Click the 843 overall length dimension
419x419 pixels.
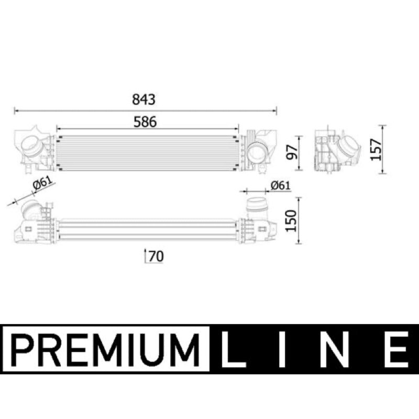(144, 99)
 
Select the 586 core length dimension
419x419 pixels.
(145, 122)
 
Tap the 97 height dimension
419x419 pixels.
(292, 152)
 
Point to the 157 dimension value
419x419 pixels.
(376, 149)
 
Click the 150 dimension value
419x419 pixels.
(291, 220)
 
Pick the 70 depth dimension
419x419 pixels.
(156, 256)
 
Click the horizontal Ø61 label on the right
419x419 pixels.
(280, 185)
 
